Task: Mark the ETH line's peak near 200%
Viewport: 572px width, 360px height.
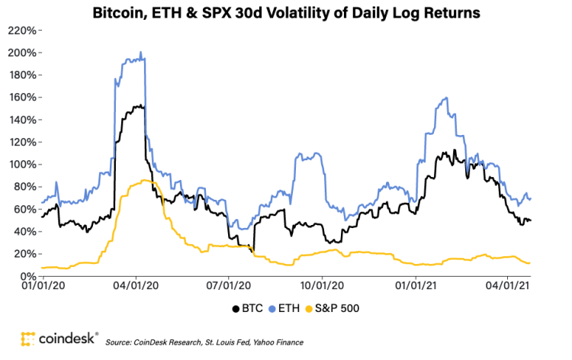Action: tap(141, 53)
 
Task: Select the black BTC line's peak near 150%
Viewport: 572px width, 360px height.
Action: tap(138, 106)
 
